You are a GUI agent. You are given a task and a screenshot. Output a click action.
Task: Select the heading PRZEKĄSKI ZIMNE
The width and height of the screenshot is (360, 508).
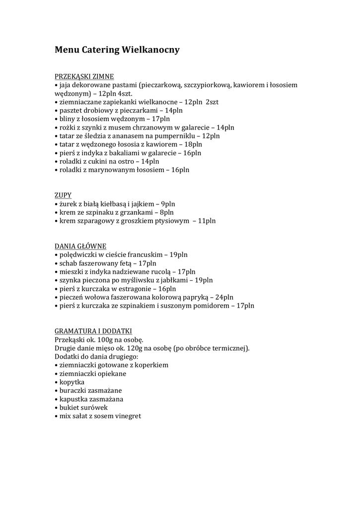[84, 76]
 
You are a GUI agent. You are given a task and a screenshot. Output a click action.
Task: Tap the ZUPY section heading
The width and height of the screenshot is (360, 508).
[63, 195]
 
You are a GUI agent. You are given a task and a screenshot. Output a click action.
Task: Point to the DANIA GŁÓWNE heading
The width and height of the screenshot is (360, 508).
[80, 246]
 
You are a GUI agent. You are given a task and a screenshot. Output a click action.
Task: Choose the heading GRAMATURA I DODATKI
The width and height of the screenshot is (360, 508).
[93, 331]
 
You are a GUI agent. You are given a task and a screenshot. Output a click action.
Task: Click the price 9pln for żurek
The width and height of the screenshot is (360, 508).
[168, 203]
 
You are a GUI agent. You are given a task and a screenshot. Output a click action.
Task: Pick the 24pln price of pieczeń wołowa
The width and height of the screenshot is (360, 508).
[224, 297]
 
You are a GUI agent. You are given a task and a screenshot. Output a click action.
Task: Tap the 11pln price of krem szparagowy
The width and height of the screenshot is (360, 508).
[207, 220]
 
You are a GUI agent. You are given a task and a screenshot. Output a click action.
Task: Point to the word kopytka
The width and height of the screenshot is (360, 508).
[72, 382]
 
